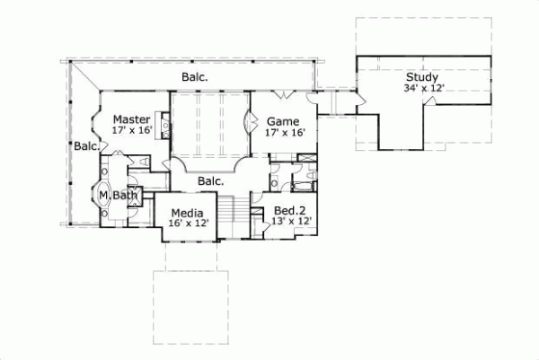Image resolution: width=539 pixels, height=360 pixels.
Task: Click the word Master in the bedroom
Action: pyautogui.click(x=131, y=119)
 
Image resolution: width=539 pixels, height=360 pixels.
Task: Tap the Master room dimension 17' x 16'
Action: pyautogui.click(x=131, y=130)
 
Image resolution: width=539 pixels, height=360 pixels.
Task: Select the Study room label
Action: pyautogui.click(x=421, y=77)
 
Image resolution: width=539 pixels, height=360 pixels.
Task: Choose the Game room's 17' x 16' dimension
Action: pyautogui.click(x=286, y=132)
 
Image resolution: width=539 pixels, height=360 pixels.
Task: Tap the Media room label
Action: pyautogui.click(x=189, y=213)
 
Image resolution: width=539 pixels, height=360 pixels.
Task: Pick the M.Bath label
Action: pyautogui.click(x=117, y=195)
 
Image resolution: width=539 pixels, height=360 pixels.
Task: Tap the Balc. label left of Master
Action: pyautogui.click(x=87, y=145)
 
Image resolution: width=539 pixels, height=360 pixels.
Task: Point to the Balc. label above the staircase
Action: pyautogui.click(x=210, y=181)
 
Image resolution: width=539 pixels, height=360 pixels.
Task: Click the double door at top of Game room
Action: pyautogui.click(x=285, y=94)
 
